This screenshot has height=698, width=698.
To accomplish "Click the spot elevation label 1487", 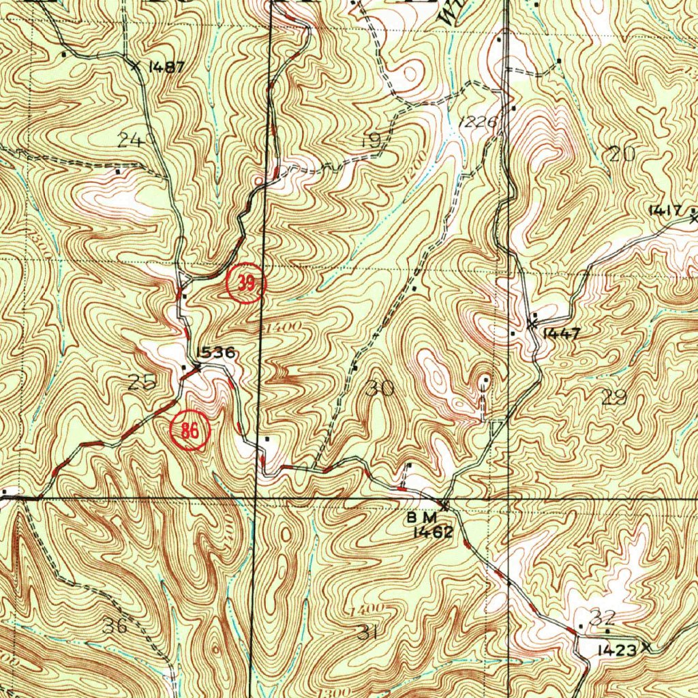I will [x=167, y=67].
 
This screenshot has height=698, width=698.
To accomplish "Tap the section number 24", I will [x=131, y=140].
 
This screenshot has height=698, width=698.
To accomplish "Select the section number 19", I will [x=370, y=141].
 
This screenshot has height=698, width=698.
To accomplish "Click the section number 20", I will [x=622, y=154].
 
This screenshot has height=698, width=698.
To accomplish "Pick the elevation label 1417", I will [x=665, y=211].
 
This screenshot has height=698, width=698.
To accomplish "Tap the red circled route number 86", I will [x=189, y=431].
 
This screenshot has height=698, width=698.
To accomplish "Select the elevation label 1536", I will [x=216, y=352].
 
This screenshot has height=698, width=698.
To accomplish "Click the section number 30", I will [x=380, y=389].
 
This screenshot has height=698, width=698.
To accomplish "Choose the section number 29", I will [x=615, y=397].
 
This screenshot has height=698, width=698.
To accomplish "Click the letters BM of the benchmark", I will [x=421, y=518].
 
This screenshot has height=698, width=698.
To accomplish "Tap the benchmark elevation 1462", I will [x=433, y=532].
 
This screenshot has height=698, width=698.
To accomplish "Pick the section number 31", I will [x=367, y=633].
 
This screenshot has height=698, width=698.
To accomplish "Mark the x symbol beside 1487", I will [x=136, y=65].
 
